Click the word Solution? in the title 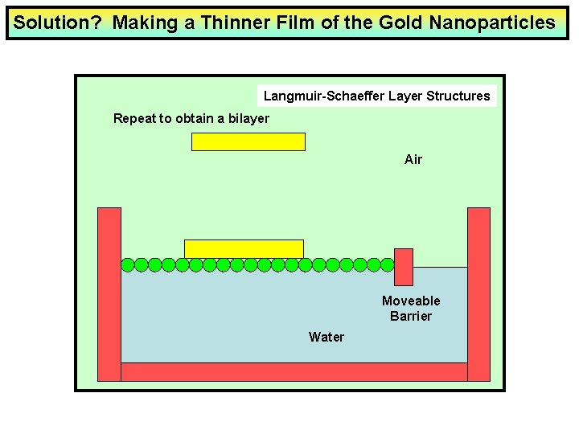pyautogui.click(x=57, y=23)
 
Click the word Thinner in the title pyautogui.click(x=236, y=23)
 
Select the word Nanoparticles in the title pyautogui.click(x=492, y=23)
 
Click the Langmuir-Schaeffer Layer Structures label pyautogui.click(x=376, y=96)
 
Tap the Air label pyautogui.click(x=413, y=160)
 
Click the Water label pyautogui.click(x=326, y=337)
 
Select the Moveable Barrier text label pyautogui.click(x=411, y=309)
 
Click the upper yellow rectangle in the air pyautogui.click(x=248, y=142)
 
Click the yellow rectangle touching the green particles pyautogui.click(x=244, y=248)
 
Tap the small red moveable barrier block pyautogui.click(x=404, y=268)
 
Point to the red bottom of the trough pyautogui.click(x=294, y=371)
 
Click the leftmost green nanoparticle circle pyautogui.click(x=128, y=264)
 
